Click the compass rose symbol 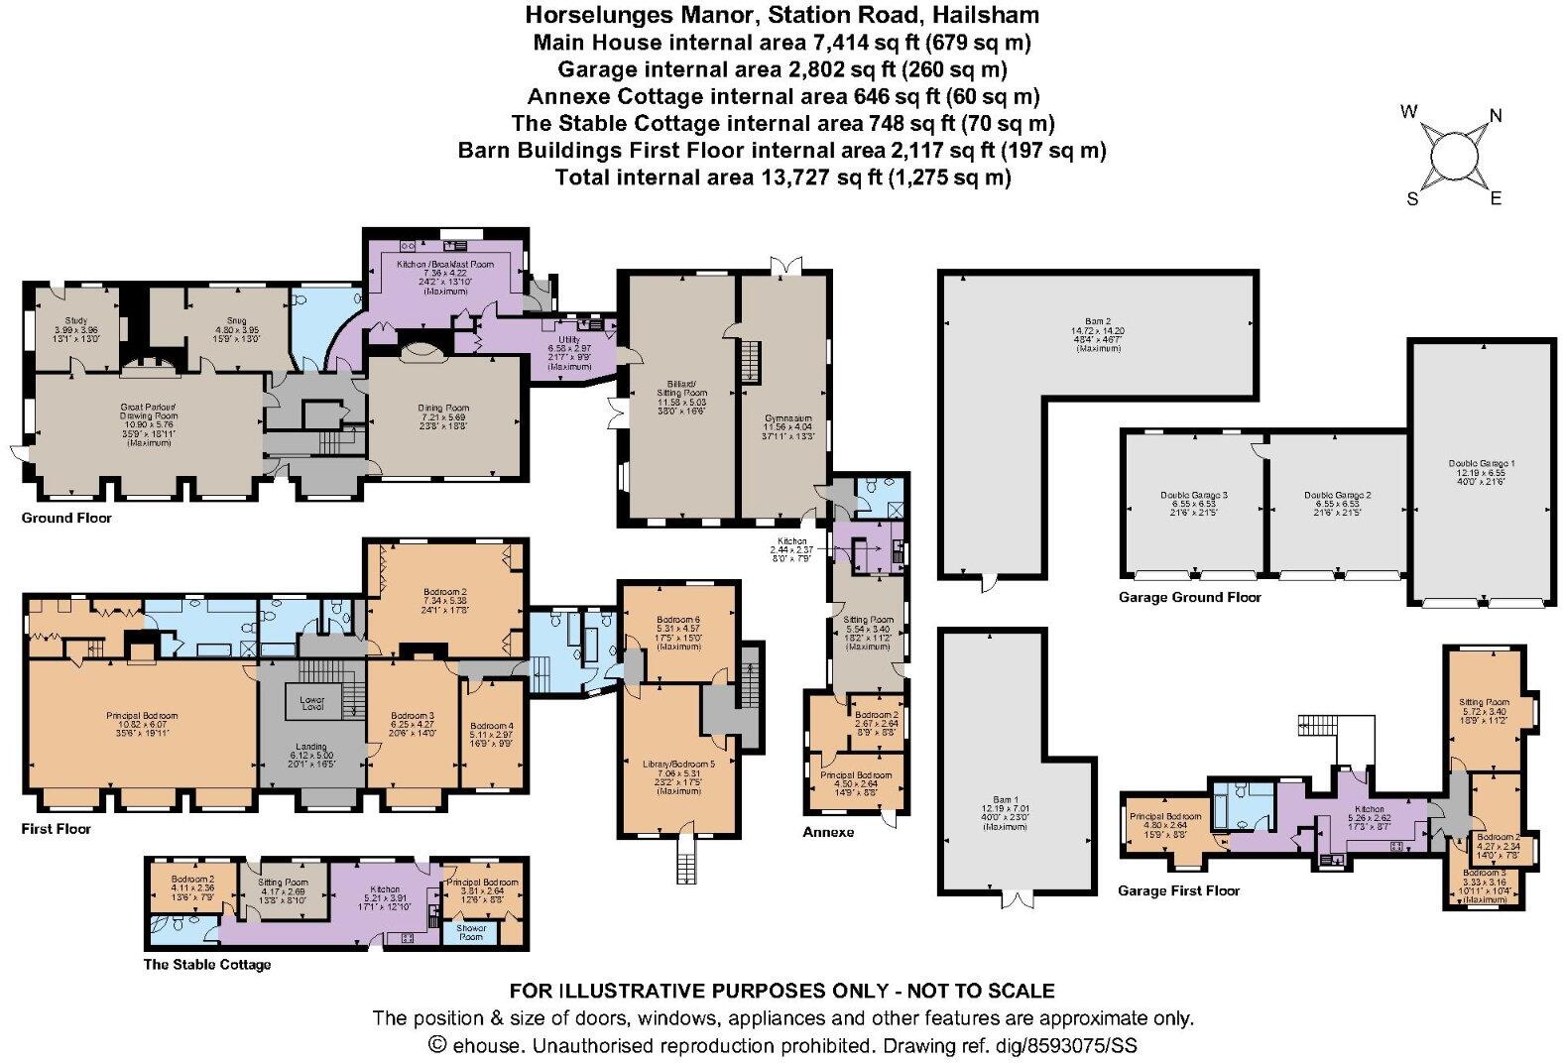1453,155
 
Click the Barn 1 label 1006,799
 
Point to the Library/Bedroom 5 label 678,765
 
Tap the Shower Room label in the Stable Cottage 470,932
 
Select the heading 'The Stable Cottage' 206,964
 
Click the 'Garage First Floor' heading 1178,890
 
